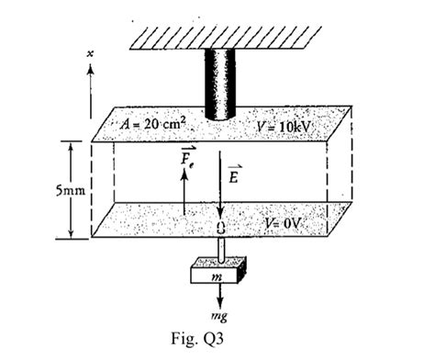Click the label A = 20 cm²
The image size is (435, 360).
[154, 122]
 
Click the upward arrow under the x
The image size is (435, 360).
[90, 83]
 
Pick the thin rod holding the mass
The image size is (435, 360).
[221, 249]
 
